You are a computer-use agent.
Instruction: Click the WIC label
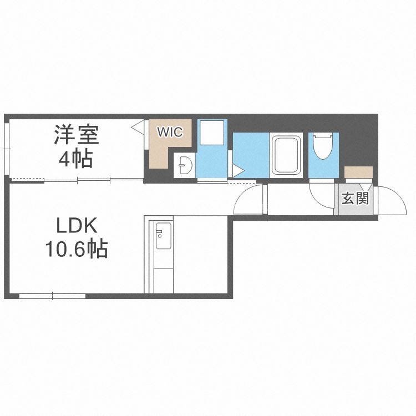170,132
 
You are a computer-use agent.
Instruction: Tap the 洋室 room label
77,134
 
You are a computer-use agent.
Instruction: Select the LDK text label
76,226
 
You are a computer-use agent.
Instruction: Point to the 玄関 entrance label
355,199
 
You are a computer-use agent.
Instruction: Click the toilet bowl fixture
323,146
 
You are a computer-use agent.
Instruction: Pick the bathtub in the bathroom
286,155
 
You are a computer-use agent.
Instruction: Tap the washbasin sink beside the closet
184,165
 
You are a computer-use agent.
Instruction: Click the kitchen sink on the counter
163,236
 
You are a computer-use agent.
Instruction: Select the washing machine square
212,133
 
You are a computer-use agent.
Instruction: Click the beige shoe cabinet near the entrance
359,173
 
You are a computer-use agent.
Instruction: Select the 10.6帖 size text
77,249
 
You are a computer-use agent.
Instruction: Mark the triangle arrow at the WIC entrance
138,126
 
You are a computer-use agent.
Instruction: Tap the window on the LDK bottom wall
52,296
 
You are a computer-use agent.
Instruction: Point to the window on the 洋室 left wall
7,149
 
